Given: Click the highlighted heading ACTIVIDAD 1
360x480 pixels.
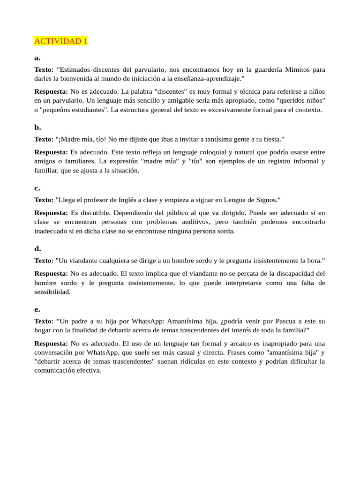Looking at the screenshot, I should click(61, 41).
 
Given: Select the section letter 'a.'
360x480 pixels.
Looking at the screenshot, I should click(37, 58).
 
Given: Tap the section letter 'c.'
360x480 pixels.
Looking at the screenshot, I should click(37, 188).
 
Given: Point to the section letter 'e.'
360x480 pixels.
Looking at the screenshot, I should click(37, 309).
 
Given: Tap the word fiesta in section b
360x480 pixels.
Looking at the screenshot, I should click(271, 139).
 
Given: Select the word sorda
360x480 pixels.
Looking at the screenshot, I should click(224, 231).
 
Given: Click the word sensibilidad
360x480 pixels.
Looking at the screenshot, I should click(52, 292).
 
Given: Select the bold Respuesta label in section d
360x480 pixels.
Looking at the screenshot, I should click(51, 273).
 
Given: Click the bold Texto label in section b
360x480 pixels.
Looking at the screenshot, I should click(44, 139).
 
